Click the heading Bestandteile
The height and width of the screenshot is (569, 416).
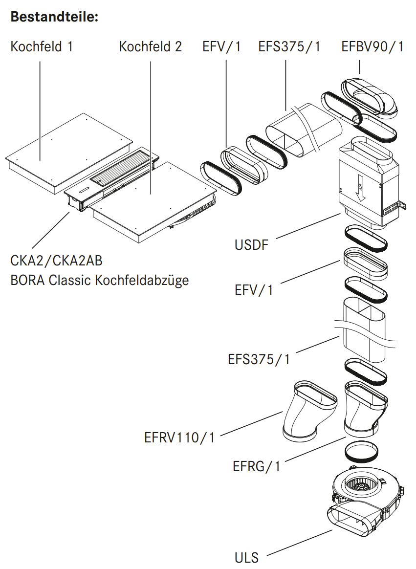tap(54, 17)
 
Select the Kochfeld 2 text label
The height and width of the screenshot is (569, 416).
tap(151, 47)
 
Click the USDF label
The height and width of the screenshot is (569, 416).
tap(252, 244)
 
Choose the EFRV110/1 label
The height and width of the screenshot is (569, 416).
tap(179, 437)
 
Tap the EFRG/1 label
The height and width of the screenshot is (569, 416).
tap(257, 466)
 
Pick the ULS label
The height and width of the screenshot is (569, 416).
tap(246, 557)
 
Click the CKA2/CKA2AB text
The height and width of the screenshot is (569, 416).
tap(56, 261)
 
